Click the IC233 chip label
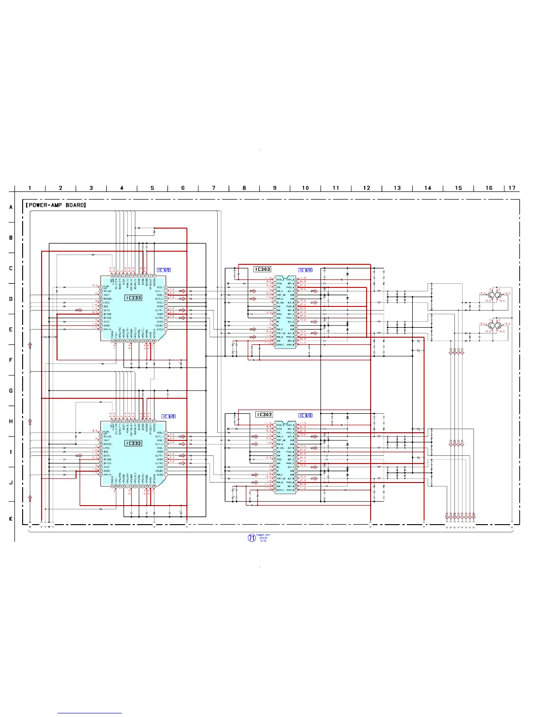tap(134, 298)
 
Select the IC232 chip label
tap(134, 443)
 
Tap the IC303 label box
tap(263, 269)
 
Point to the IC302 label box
tap(264, 415)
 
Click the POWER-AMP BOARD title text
tap(56, 205)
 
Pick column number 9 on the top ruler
tap(275, 188)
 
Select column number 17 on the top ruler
tap(512, 188)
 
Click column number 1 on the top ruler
tap(30, 188)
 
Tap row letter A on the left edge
tap(11, 207)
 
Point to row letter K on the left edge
tap(11, 519)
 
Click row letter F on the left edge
tap(11, 360)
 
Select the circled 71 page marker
tap(252, 538)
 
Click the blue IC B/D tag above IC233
tap(164, 270)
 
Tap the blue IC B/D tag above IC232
tap(169, 416)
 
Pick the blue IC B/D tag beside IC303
tap(306, 270)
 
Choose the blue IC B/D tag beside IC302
tap(306, 416)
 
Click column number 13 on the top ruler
tap(397, 188)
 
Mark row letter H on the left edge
tap(11, 421)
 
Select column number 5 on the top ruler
tap(153, 188)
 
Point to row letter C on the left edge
tap(11, 268)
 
